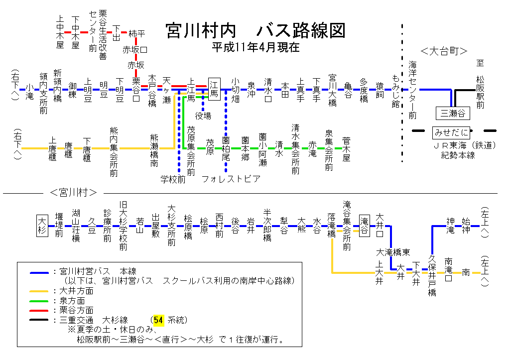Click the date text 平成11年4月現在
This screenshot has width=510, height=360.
pyautogui.click(x=255, y=48)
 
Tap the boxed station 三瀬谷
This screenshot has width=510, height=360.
pyautogui.click(x=452, y=114)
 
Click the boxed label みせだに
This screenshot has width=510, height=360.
pyautogui.click(x=451, y=132)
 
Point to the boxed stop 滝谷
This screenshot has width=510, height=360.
pyautogui.click(x=365, y=225)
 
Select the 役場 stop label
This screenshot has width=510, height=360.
pyautogui.click(x=203, y=116)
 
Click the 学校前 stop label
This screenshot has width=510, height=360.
pyautogui.click(x=173, y=179)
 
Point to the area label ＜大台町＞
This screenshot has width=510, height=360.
pyautogui.click(x=444, y=51)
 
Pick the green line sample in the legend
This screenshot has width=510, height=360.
pyautogui.click(x=39, y=301)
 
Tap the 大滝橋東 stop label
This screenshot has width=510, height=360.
pyautogui.click(x=393, y=252)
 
